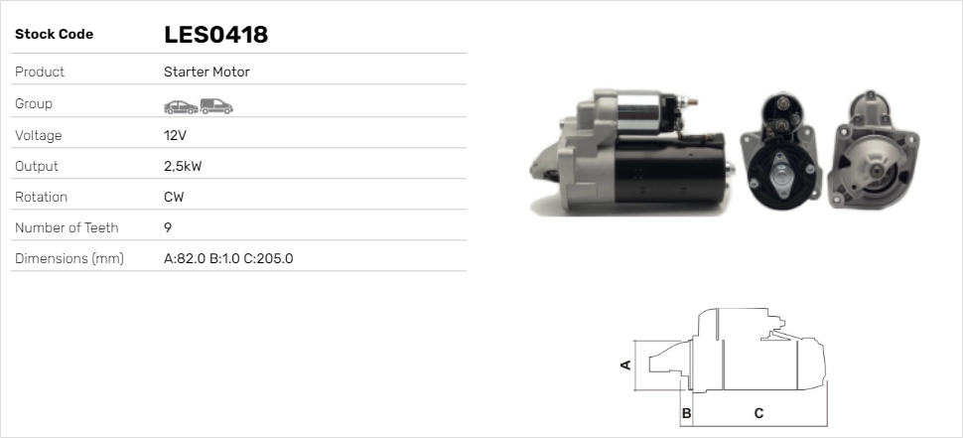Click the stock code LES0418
tap(215, 35)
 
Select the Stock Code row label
tap(54, 35)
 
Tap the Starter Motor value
tap(206, 72)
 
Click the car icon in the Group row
tap(181, 107)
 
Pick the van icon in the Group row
tap(216, 106)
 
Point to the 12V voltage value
tap(175, 135)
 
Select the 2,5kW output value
tap(183, 167)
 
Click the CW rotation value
tap(174, 198)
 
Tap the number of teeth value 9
tap(168, 227)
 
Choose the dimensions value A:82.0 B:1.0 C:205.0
tap(228, 258)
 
